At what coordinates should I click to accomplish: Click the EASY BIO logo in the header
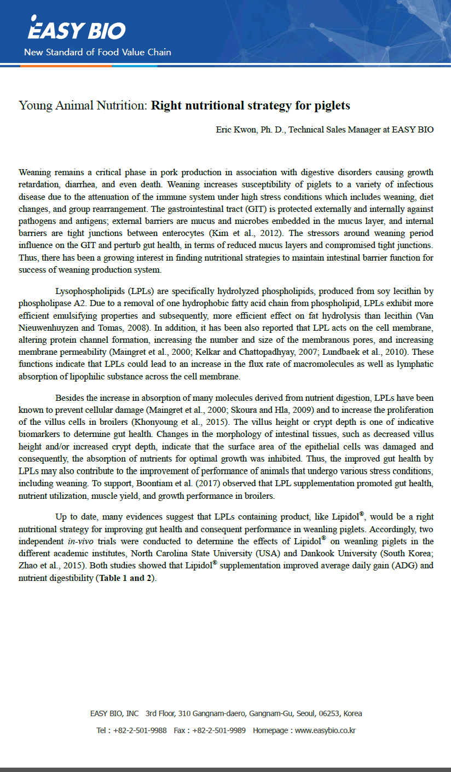pyautogui.click(x=77, y=30)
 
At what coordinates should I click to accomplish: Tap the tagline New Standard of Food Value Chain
pyautogui.click(x=97, y=53)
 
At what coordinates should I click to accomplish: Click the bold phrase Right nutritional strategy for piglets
pyautogui.click(x=250, y=105)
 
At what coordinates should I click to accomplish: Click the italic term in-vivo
pyautogui.click(x=74, y=541)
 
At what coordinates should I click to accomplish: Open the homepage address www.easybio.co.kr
pyautogui.click(x=325, y=730)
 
